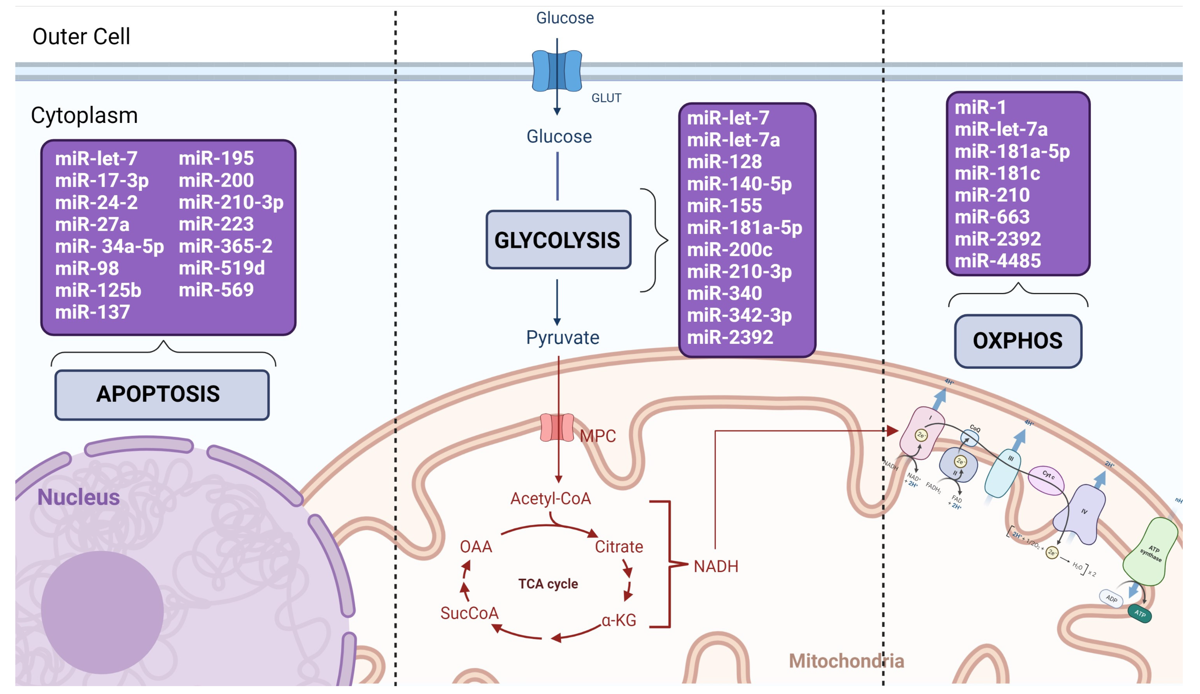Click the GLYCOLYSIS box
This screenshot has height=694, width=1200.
coord(558,240)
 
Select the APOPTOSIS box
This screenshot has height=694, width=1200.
coord(162,395)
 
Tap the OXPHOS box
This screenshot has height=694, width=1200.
coord(1017,341)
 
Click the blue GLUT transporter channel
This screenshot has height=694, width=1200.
coord(557,71)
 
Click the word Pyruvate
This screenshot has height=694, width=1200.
coord(562,338)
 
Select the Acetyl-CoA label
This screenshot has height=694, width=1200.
coord(551,498)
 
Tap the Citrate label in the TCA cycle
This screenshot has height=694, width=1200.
coord(619,547)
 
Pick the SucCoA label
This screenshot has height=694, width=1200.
coord(469,613)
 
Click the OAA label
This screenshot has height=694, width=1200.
coord(476,547)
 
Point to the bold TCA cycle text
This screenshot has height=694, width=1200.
coord(548,584)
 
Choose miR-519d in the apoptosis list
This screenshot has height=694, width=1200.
coord(221,268)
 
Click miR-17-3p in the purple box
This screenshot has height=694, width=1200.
coord(102,181)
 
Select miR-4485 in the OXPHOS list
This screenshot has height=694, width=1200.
coord(998,261)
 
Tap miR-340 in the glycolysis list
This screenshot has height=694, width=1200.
coord(724,293)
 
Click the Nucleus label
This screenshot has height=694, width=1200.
coord(79,497)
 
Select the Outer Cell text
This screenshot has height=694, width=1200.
coord(81,37)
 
